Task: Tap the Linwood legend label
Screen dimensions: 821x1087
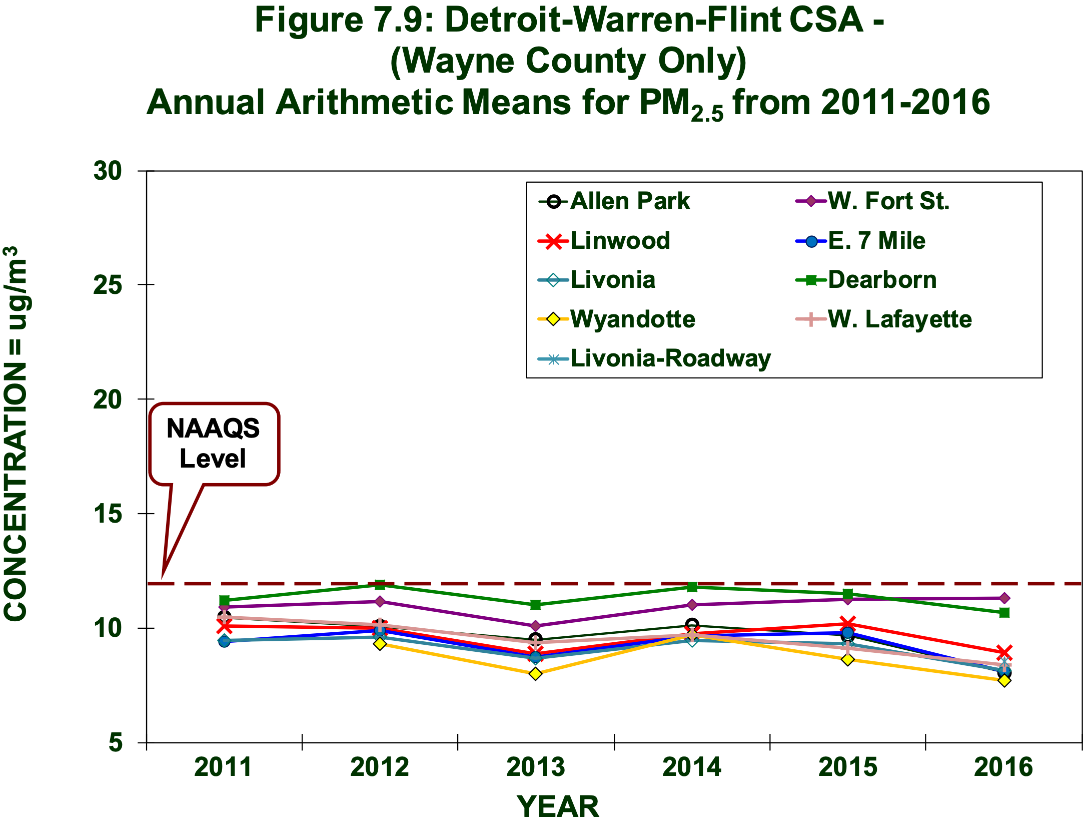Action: [x=620, y=241]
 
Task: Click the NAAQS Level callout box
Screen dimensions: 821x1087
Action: [x=214, y=444]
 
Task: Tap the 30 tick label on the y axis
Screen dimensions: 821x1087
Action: [x=108, y=171]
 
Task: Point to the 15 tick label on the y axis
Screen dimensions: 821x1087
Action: [x=108, y=514]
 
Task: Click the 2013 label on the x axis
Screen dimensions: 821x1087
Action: [x=535, y=767]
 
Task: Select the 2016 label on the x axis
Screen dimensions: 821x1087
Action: [x=1003, y=767]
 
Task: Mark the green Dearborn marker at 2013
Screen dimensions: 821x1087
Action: [x=535, y=605]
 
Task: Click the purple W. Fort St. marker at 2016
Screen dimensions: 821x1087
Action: [x=1004, y=598]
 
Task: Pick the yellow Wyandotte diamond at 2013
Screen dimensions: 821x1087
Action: [x=535, y=674]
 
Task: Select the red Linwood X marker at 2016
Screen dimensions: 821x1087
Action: [x=1004, y=653]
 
